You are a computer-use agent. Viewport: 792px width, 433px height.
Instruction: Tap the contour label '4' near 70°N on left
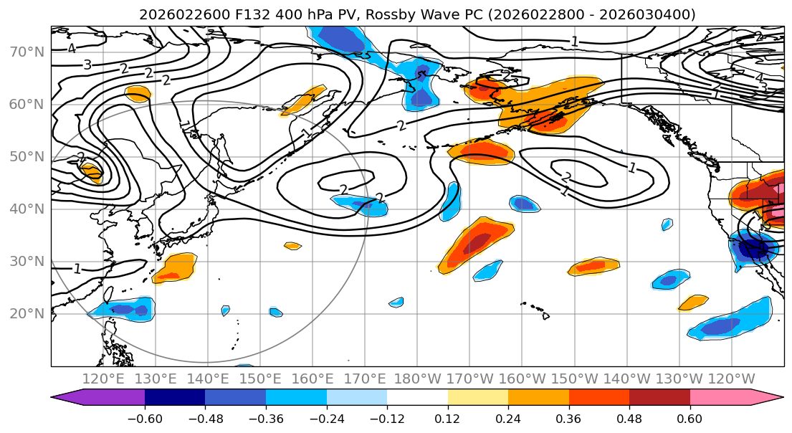pyautogui.click(x=72, y=49)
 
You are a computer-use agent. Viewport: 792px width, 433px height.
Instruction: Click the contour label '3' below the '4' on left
pyautogui.click(x=87, y=65)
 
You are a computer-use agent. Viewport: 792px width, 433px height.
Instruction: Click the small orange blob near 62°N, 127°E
pyautogui.click(x=137, y=93)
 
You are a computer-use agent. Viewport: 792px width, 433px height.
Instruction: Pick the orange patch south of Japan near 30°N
pyautogui.click(x=175, y=268)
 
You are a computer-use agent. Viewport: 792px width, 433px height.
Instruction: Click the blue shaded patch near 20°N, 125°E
pyautogui.click(x=122, y=309)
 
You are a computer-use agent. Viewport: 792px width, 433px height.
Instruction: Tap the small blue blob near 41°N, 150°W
pyautogui.click(x=524, y=204)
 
